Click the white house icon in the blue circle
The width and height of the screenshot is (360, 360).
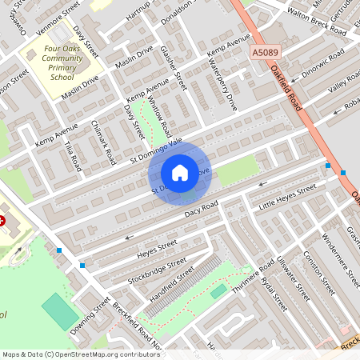[179, 172]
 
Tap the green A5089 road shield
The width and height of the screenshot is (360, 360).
[266, 53]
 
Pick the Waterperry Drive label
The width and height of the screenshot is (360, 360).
[226, 88]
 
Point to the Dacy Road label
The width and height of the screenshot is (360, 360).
[200, 207]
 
